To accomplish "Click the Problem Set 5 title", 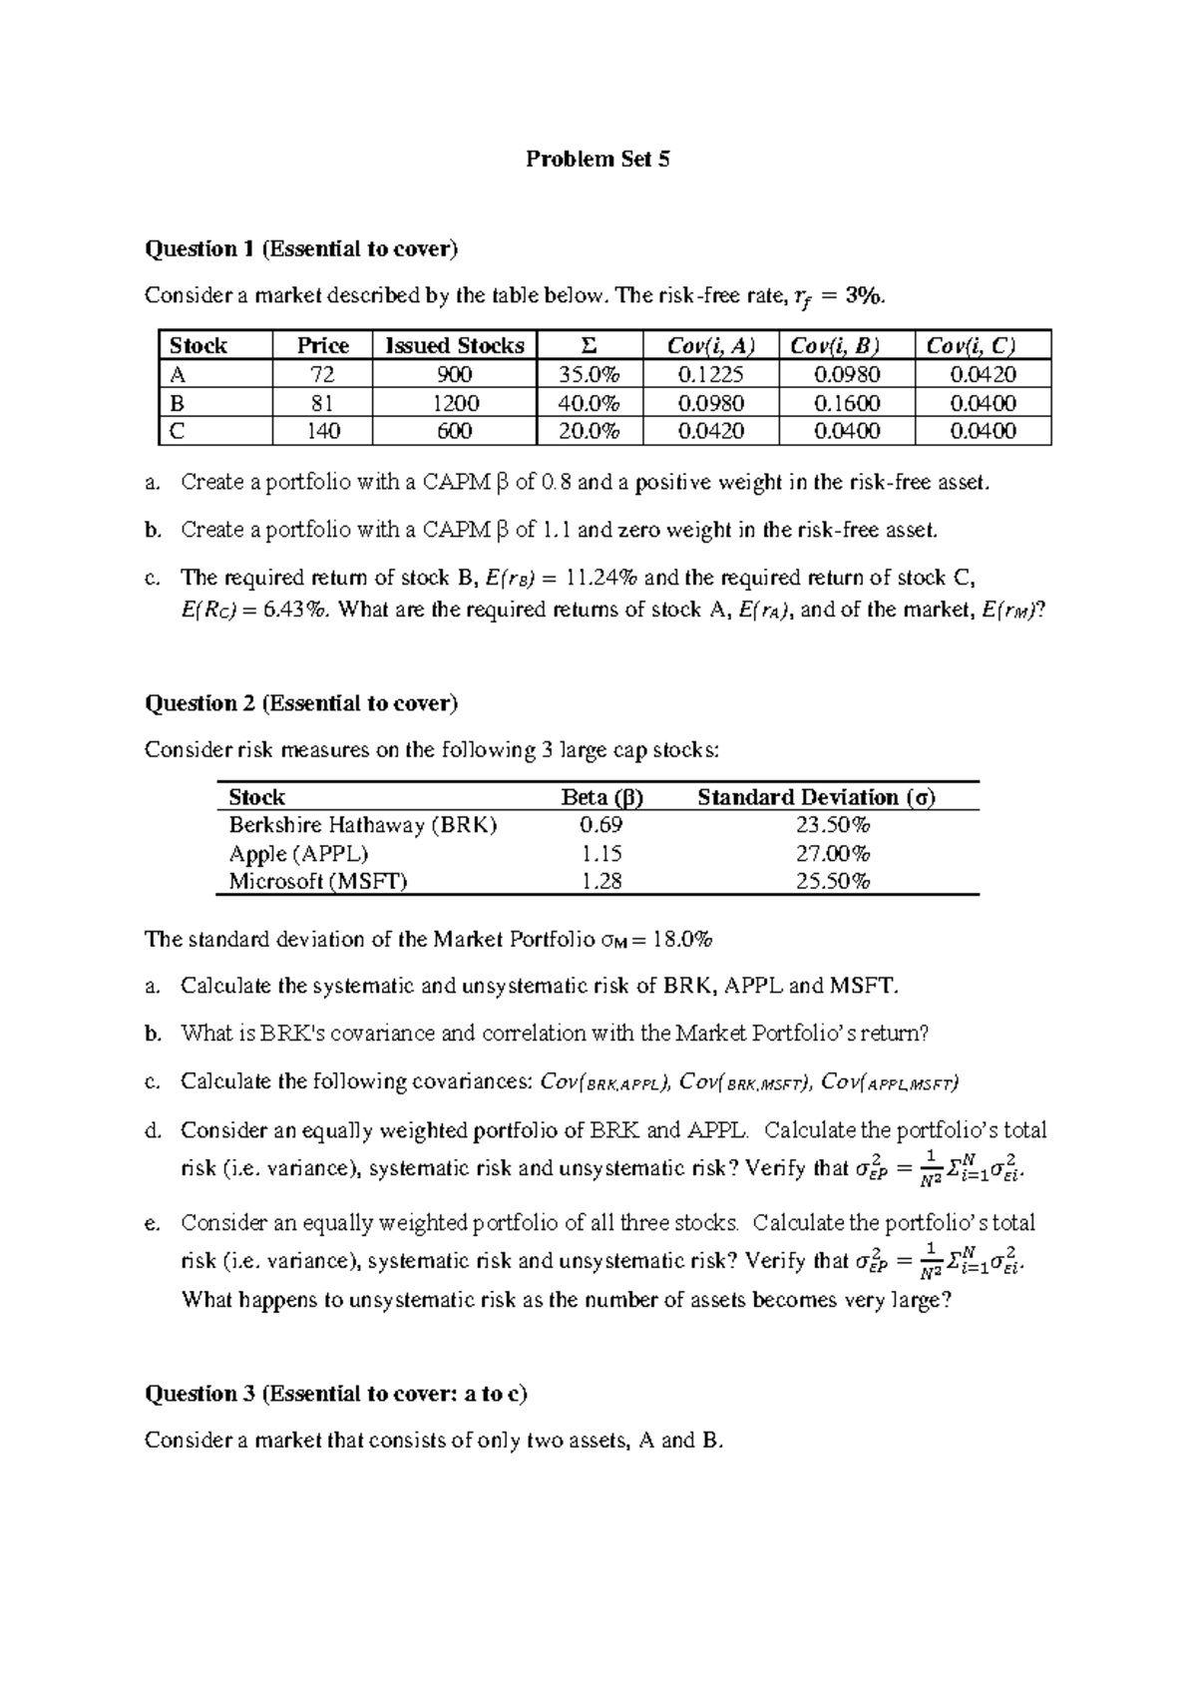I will (x=598, y=160).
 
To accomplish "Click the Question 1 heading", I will (x=300, y=249).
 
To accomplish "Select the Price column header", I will (x=322, y=346).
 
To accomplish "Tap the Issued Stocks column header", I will (x=454, y=346).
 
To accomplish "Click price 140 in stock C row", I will (x=322, y=431).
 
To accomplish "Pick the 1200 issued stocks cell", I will (x=454, y=403).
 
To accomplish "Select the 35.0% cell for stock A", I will (x=589, y=375).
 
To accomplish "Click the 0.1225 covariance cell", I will (x=710, y=375).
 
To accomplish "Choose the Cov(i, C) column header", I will (x=983, y=346).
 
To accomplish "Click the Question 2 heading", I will (x=300, y=704).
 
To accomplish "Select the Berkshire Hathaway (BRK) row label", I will (x=362, y=825).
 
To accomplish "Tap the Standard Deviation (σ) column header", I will (x=816, y=797).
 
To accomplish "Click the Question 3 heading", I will (x=335, y=1394).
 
